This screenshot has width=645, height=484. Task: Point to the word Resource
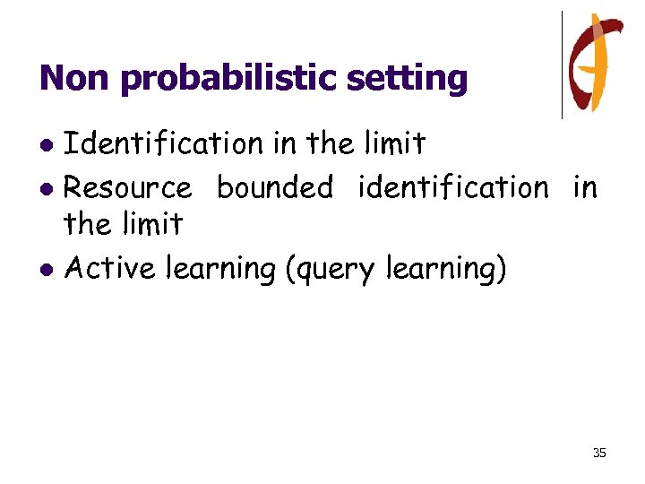pyautogui.click(x=128, y=188)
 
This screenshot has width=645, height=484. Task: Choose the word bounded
pyautogui.click(x=275, y=188)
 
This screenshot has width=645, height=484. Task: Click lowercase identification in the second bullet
pyautogui.click(x=453, y=188)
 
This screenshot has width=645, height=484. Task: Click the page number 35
pyautogui.click(x=599, y=453)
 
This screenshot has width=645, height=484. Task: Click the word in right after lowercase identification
pyautogui.click(x=584, y=188)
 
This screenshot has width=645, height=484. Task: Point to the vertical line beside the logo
pyautogui.click(x=562, y=65)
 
